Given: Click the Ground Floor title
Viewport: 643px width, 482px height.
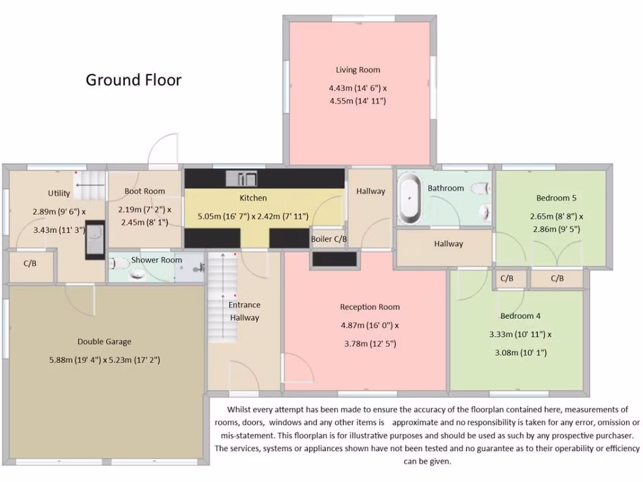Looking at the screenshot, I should [x=133, y=80].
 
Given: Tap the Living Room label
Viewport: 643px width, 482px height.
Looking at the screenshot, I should [x=357, y=70].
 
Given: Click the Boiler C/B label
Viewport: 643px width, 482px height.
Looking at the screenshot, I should [x=329, y=239].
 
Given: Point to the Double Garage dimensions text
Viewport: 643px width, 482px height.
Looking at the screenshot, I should [x=104, y=360].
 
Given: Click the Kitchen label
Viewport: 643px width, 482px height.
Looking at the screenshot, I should [x=253, y=198].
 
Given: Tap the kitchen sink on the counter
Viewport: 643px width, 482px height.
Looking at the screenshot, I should [x=242, y=178].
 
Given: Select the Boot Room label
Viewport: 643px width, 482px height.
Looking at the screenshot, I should [x=144, y=191].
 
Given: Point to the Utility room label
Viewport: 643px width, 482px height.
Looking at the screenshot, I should [x=59, y=193].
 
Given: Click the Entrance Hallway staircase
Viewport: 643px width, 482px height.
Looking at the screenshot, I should [x=219, y=297].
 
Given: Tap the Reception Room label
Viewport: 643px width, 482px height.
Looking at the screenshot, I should [x=370, y=307].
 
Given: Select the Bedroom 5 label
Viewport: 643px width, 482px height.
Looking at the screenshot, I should [x=556, y=198].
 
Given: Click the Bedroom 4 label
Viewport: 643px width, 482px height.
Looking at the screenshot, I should [x=520, y=316].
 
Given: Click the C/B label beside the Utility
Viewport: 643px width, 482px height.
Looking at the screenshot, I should [x=30, y=264].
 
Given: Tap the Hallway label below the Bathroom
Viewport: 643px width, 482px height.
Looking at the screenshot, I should [x=448, y=244].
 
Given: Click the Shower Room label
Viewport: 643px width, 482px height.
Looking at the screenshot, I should [x=156, y=260].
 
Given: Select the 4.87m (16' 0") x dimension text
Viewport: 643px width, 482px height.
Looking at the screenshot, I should [x=370, y=326].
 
